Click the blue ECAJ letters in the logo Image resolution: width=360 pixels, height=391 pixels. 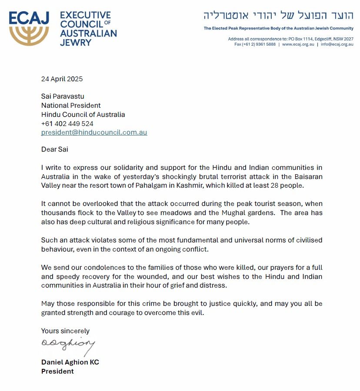click(x=29, y=19)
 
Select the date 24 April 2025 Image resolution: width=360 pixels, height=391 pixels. click(x=62, y=79)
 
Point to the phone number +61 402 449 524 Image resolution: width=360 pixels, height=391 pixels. click(x=67, y=123)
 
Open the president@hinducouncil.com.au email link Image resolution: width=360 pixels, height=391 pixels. click(x=94, y=133)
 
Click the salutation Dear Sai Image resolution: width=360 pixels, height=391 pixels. click(x=55, y=149)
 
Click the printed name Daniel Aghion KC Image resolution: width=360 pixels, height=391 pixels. click(x=70, y=362)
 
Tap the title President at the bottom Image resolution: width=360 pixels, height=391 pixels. click(x=57, y=371)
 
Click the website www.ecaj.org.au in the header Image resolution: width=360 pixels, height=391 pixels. click(x=298, y=44)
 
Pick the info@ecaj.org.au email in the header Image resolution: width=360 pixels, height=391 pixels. click(x=337, y=44)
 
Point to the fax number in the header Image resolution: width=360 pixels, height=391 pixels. click(x=255, y=44)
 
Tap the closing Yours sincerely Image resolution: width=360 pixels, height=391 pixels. click(x=65, y=331)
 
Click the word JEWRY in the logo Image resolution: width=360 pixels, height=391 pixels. click(x=76, y=42)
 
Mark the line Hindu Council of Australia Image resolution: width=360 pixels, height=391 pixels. click(x=83, y=115)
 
